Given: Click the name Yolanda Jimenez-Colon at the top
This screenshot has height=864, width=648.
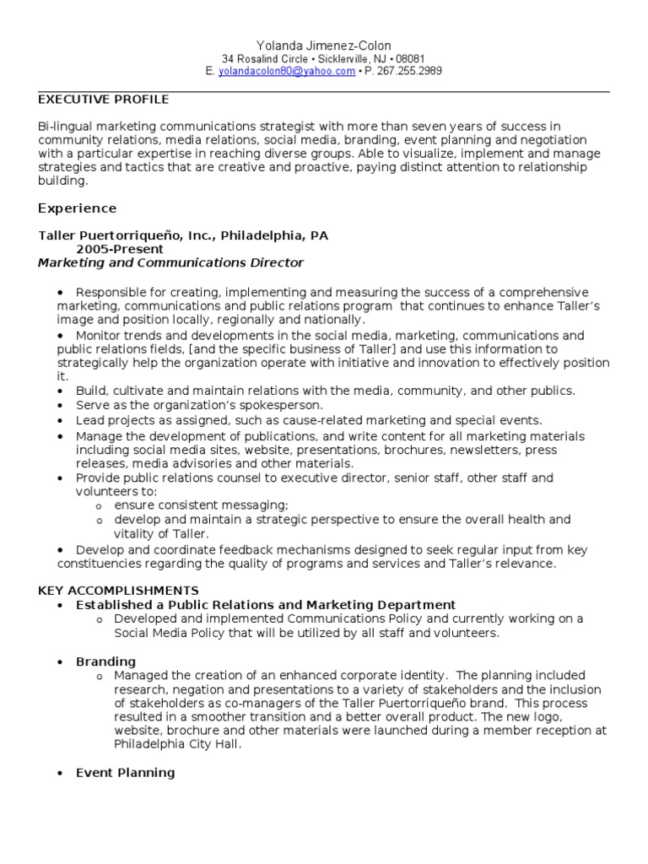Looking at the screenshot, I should pyautogui.click(x=323, y=46).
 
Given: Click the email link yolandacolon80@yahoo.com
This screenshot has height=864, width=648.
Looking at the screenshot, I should pyautogui.click(x=287, y=72).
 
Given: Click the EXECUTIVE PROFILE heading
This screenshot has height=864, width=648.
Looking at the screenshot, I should pyautogui.click(x=104, y=100).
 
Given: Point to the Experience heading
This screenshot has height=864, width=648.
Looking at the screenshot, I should pyautogui.click(x=78, y=208).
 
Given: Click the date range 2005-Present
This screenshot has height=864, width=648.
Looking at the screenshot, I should pyautogui.click(x=120, y=250).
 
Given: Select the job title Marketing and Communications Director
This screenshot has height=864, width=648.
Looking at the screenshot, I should pyautogui.click(x=170, y=263).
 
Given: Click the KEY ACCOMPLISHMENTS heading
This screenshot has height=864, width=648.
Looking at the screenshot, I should pyautogui.click(x=119, y=591).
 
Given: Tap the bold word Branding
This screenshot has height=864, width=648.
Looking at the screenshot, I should pyautogui.click(x=105, y=661).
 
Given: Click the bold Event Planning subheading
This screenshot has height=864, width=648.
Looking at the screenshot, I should pyautogui.click(x=125, y=773).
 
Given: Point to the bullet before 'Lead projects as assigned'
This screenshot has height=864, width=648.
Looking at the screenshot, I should pyautogui.click(x=61, y=420).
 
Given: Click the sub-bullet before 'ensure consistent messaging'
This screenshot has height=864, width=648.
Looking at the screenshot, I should pyautogui.click(x=100, y=505).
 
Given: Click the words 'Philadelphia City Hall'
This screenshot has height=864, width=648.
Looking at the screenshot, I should pyautogui.click(x=180, y=745).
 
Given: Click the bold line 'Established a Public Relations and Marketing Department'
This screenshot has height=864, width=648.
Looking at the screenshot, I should pyautogui.click(x=266, y=605).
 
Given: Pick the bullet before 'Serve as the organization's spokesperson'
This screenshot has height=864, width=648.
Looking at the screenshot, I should pyautogui.click(x=61, y=406).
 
